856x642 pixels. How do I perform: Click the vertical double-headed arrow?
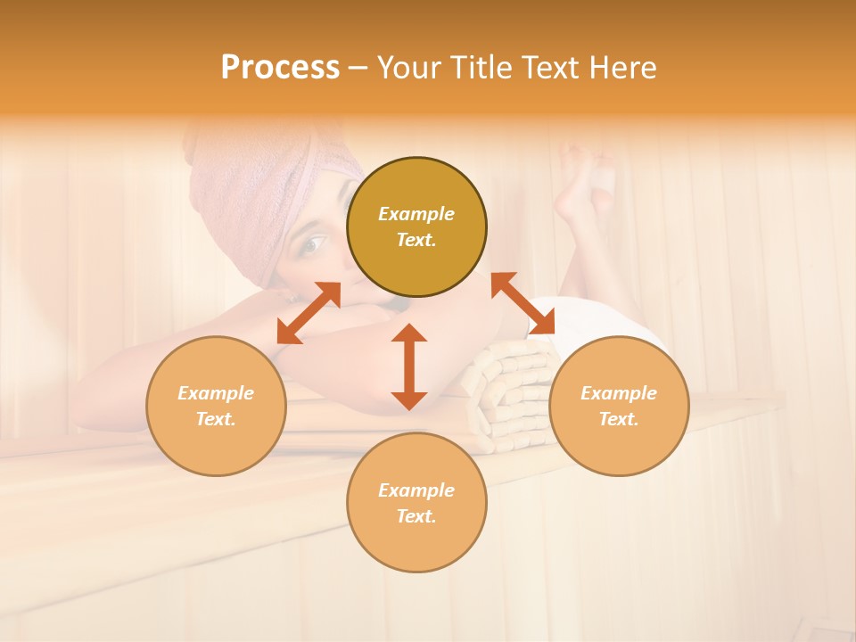409,366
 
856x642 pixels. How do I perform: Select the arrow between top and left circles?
309,313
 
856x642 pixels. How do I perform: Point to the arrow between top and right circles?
523,304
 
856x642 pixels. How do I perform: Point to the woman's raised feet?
584,178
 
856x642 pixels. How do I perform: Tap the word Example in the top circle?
416,214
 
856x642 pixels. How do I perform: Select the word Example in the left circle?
216,393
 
